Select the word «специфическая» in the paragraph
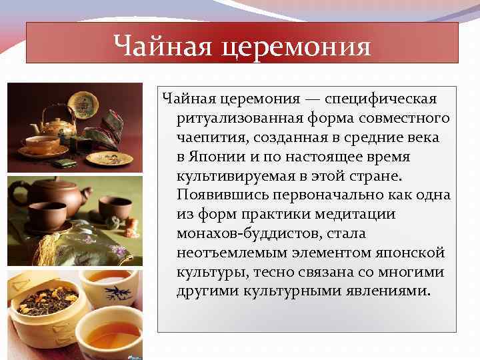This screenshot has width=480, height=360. pyautogui.click(x=382, y=99)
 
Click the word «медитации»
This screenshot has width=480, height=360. pyautogui.click(x=360, y=215)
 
